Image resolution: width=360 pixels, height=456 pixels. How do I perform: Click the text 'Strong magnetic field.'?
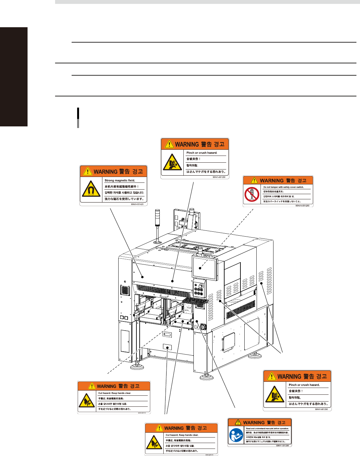(x=120, y=181)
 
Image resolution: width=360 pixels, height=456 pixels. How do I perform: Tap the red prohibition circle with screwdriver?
(x=252, y=194)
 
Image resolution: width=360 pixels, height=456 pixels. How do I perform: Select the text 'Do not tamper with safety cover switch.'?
(x=284, y=187)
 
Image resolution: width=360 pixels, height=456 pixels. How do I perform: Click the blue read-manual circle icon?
(x=236, y=435)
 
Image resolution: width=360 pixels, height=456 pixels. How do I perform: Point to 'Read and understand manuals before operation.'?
(x=267, y=428)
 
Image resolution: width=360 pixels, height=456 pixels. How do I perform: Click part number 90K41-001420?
(x=137, y=204)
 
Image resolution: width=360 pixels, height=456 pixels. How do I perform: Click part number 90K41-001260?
(x=302, y=205)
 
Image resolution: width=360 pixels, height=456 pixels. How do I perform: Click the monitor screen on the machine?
(x=204, y=268)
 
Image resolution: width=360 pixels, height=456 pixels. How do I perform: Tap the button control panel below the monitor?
(x=199, y=289)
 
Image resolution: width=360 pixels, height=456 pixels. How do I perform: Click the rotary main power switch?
(x=203, y=327)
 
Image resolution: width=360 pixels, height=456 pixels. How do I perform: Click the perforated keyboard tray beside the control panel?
(x=195, y=302)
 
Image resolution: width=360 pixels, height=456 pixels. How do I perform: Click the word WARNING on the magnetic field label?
(x=106, y=172)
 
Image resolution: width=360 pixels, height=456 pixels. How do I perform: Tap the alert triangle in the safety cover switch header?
(x=254, y=181)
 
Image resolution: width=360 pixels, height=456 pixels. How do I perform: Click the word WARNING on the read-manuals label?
(x=254, y=423)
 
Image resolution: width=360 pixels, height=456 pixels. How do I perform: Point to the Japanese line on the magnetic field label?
(x=124, y=199)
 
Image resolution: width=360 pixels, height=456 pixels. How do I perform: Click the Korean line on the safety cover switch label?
(x=279, y=196)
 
